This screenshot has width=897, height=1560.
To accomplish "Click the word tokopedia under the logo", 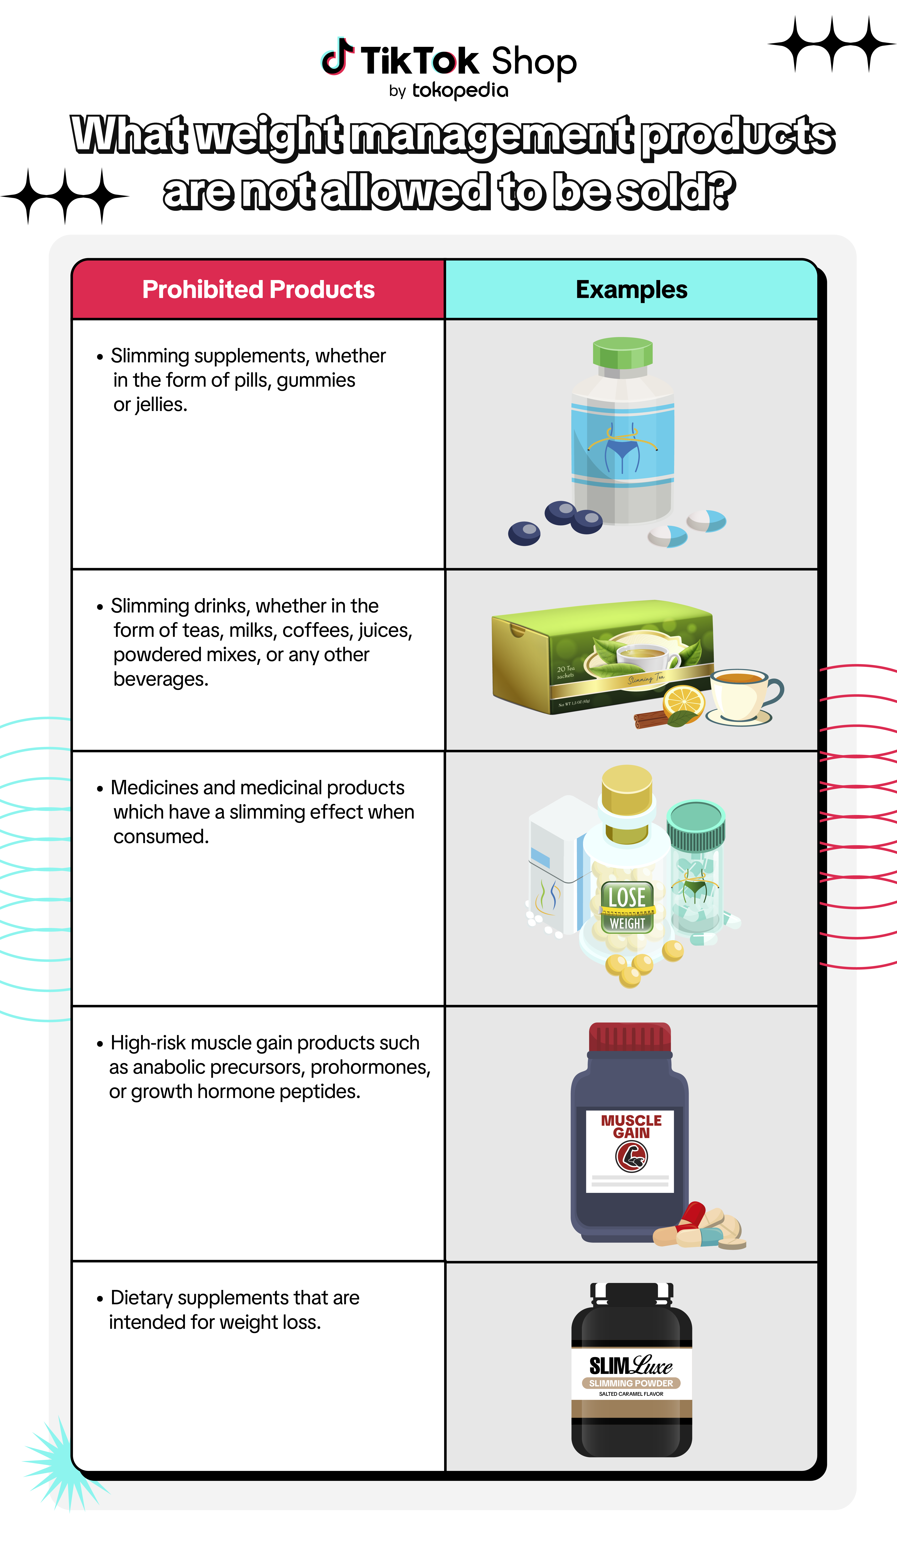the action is click(460, 90).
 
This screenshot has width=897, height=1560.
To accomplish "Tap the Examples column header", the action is click(631, 289).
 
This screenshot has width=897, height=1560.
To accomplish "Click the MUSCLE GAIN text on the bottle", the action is click(631, 1127).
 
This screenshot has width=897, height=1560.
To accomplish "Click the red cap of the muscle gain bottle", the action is click(630, 1038).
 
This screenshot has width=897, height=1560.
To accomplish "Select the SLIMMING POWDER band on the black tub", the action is click(631, 1383).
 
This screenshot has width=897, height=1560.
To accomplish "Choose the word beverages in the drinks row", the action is click(161, 679).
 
